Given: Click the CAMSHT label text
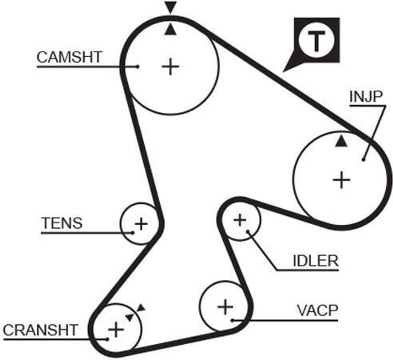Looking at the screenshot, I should (69, 57).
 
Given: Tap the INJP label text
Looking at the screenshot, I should (366, 97).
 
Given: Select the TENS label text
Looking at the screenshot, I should (62, 223).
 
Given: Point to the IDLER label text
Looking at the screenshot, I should (315, 261).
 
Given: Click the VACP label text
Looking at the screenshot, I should (317, 310).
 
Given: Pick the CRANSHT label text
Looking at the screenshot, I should (40, 330).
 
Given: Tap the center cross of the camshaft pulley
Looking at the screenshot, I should (170, 67).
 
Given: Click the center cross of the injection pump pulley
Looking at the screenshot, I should (341, 180).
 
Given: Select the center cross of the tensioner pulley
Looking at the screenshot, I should (141, 224).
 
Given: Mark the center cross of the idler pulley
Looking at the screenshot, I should (240, 220).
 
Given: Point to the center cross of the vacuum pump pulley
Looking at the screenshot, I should (225, 307).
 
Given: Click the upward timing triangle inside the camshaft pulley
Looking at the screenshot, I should (170, 30).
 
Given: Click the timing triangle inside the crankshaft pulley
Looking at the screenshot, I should (129, 317).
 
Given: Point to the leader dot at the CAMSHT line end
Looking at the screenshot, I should (137, 66).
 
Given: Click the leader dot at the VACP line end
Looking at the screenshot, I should (232, 320).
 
